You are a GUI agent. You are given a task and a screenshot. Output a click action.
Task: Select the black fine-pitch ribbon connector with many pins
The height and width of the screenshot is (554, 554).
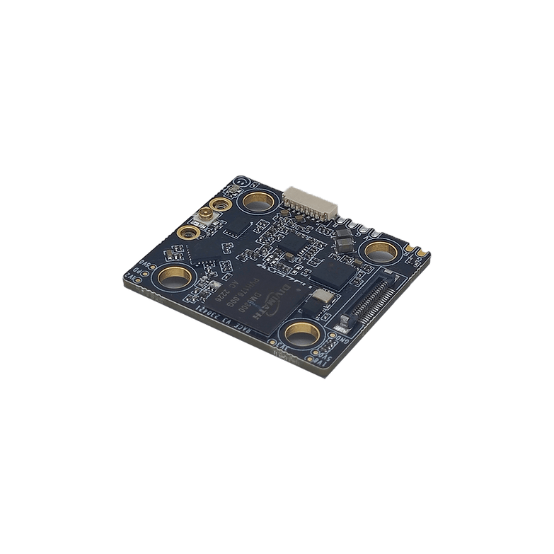pos(367,296)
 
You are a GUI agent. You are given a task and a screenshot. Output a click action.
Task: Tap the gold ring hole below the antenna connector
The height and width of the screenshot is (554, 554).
pos(188,231)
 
